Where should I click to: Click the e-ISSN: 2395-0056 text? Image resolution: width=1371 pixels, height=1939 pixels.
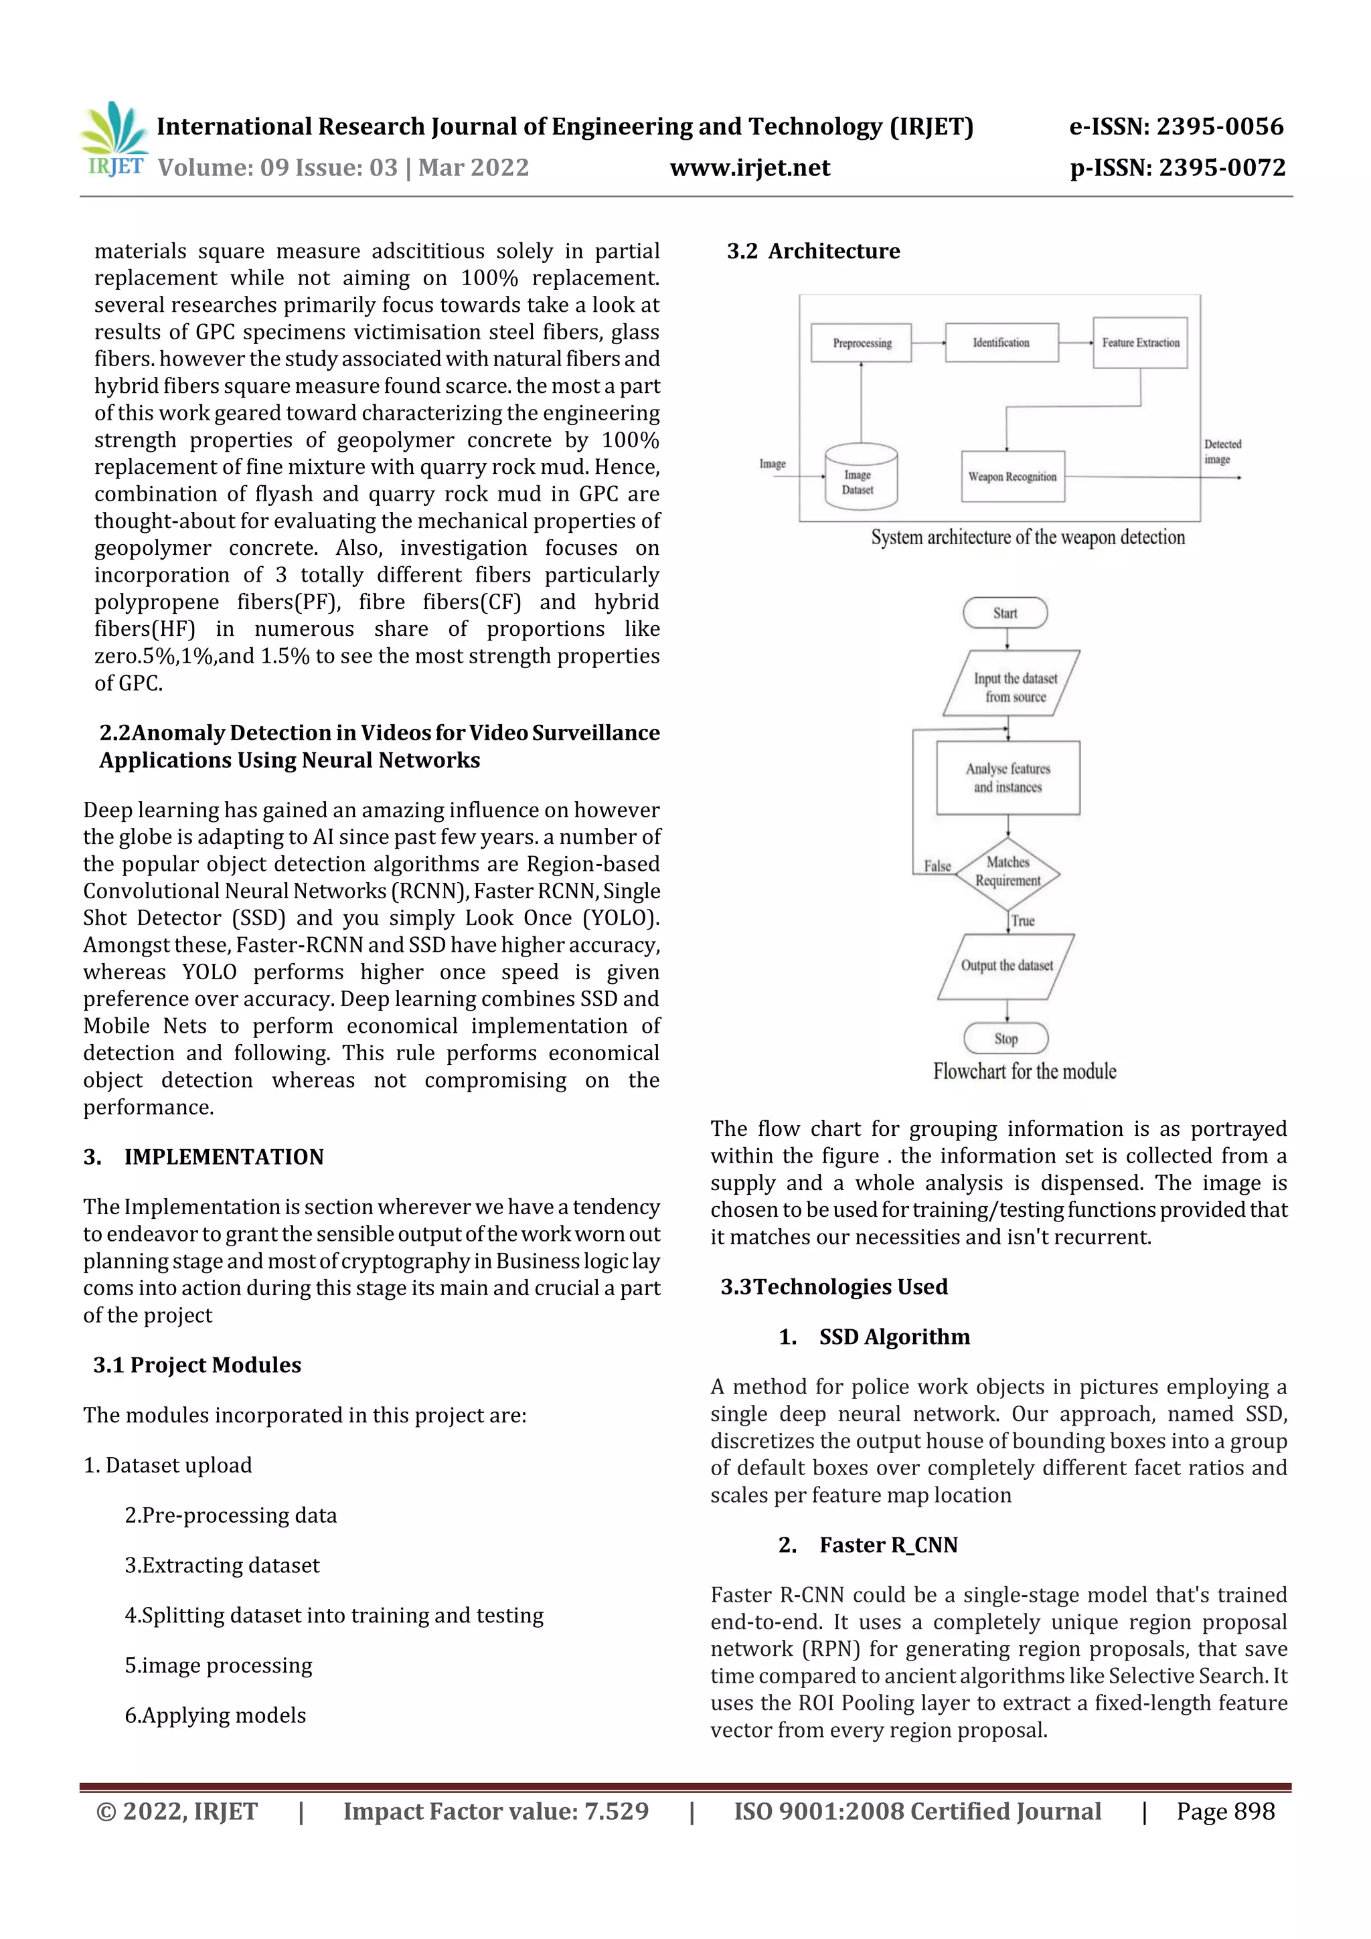click(1176, 127)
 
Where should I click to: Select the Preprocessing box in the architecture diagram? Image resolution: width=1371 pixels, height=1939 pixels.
click(861, 343)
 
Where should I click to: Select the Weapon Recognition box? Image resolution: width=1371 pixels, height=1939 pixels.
click(1012, 477)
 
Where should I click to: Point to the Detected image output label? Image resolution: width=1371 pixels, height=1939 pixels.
click(1222, 452)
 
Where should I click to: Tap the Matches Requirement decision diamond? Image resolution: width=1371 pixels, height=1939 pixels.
click(1007, 872)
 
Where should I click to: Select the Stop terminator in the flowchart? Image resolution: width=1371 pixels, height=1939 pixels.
click(1005, 1039)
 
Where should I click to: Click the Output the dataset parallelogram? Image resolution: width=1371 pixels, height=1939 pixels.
click(1006, 966)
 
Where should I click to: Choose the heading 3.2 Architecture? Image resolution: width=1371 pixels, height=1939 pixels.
click(813, 252)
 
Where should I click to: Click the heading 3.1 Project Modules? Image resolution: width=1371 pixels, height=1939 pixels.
click(197, 1365)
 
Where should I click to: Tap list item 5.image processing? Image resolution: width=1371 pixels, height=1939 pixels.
click(219, 1666)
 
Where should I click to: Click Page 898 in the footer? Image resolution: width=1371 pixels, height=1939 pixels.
click(1225, 1811)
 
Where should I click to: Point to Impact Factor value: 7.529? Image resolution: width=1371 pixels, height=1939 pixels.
click(496, 1811)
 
